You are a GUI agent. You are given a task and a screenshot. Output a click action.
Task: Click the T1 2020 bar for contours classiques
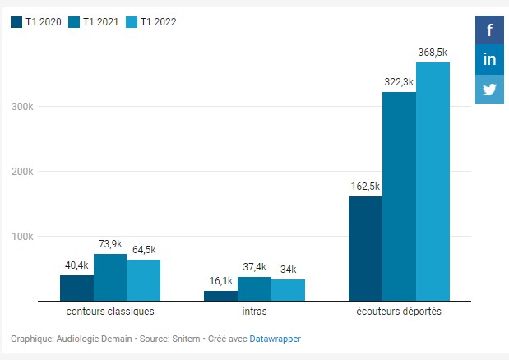click(x=76, y=288)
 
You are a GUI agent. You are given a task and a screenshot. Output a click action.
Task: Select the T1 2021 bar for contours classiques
click(x=110, y=278)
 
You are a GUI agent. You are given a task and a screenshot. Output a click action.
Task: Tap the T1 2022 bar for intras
click(x=288, y=290)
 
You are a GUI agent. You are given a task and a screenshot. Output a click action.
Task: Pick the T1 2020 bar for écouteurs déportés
click(x=365, y=248)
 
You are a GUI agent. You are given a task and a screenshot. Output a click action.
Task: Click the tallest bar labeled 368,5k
click(x=433, y=182)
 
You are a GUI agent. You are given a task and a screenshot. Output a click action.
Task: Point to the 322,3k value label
click(x=399, y=82)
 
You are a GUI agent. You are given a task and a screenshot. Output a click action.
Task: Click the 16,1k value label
click(x=220, y=280)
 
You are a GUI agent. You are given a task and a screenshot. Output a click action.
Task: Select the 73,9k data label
click(x=110, y=244)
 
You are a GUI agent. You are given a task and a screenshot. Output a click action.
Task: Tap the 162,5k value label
click(x=365, y=186)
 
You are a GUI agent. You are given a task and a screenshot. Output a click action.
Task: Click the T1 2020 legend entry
click(x=36, y=22)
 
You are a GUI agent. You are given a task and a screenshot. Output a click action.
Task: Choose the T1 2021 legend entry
click(x=93, y=22)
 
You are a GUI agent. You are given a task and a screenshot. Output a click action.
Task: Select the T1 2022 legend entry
click(x=151, y=22)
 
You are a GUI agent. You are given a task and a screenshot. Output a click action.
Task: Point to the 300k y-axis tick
click(x=22, y=107)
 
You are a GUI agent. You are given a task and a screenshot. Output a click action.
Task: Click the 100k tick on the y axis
click(x=22, y=237)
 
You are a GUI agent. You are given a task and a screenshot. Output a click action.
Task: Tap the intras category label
click(x=254, y=312)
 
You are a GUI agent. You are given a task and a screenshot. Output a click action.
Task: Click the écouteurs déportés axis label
click(x=399, y=312)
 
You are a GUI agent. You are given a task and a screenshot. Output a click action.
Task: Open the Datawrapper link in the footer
click(x=275, y=338)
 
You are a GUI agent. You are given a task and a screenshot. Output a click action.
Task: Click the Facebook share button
click(x=489, y=30)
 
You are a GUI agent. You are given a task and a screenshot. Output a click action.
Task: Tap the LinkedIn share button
click(x=489, y=59)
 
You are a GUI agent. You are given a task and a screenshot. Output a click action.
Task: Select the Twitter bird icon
click(x=489, y=89)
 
